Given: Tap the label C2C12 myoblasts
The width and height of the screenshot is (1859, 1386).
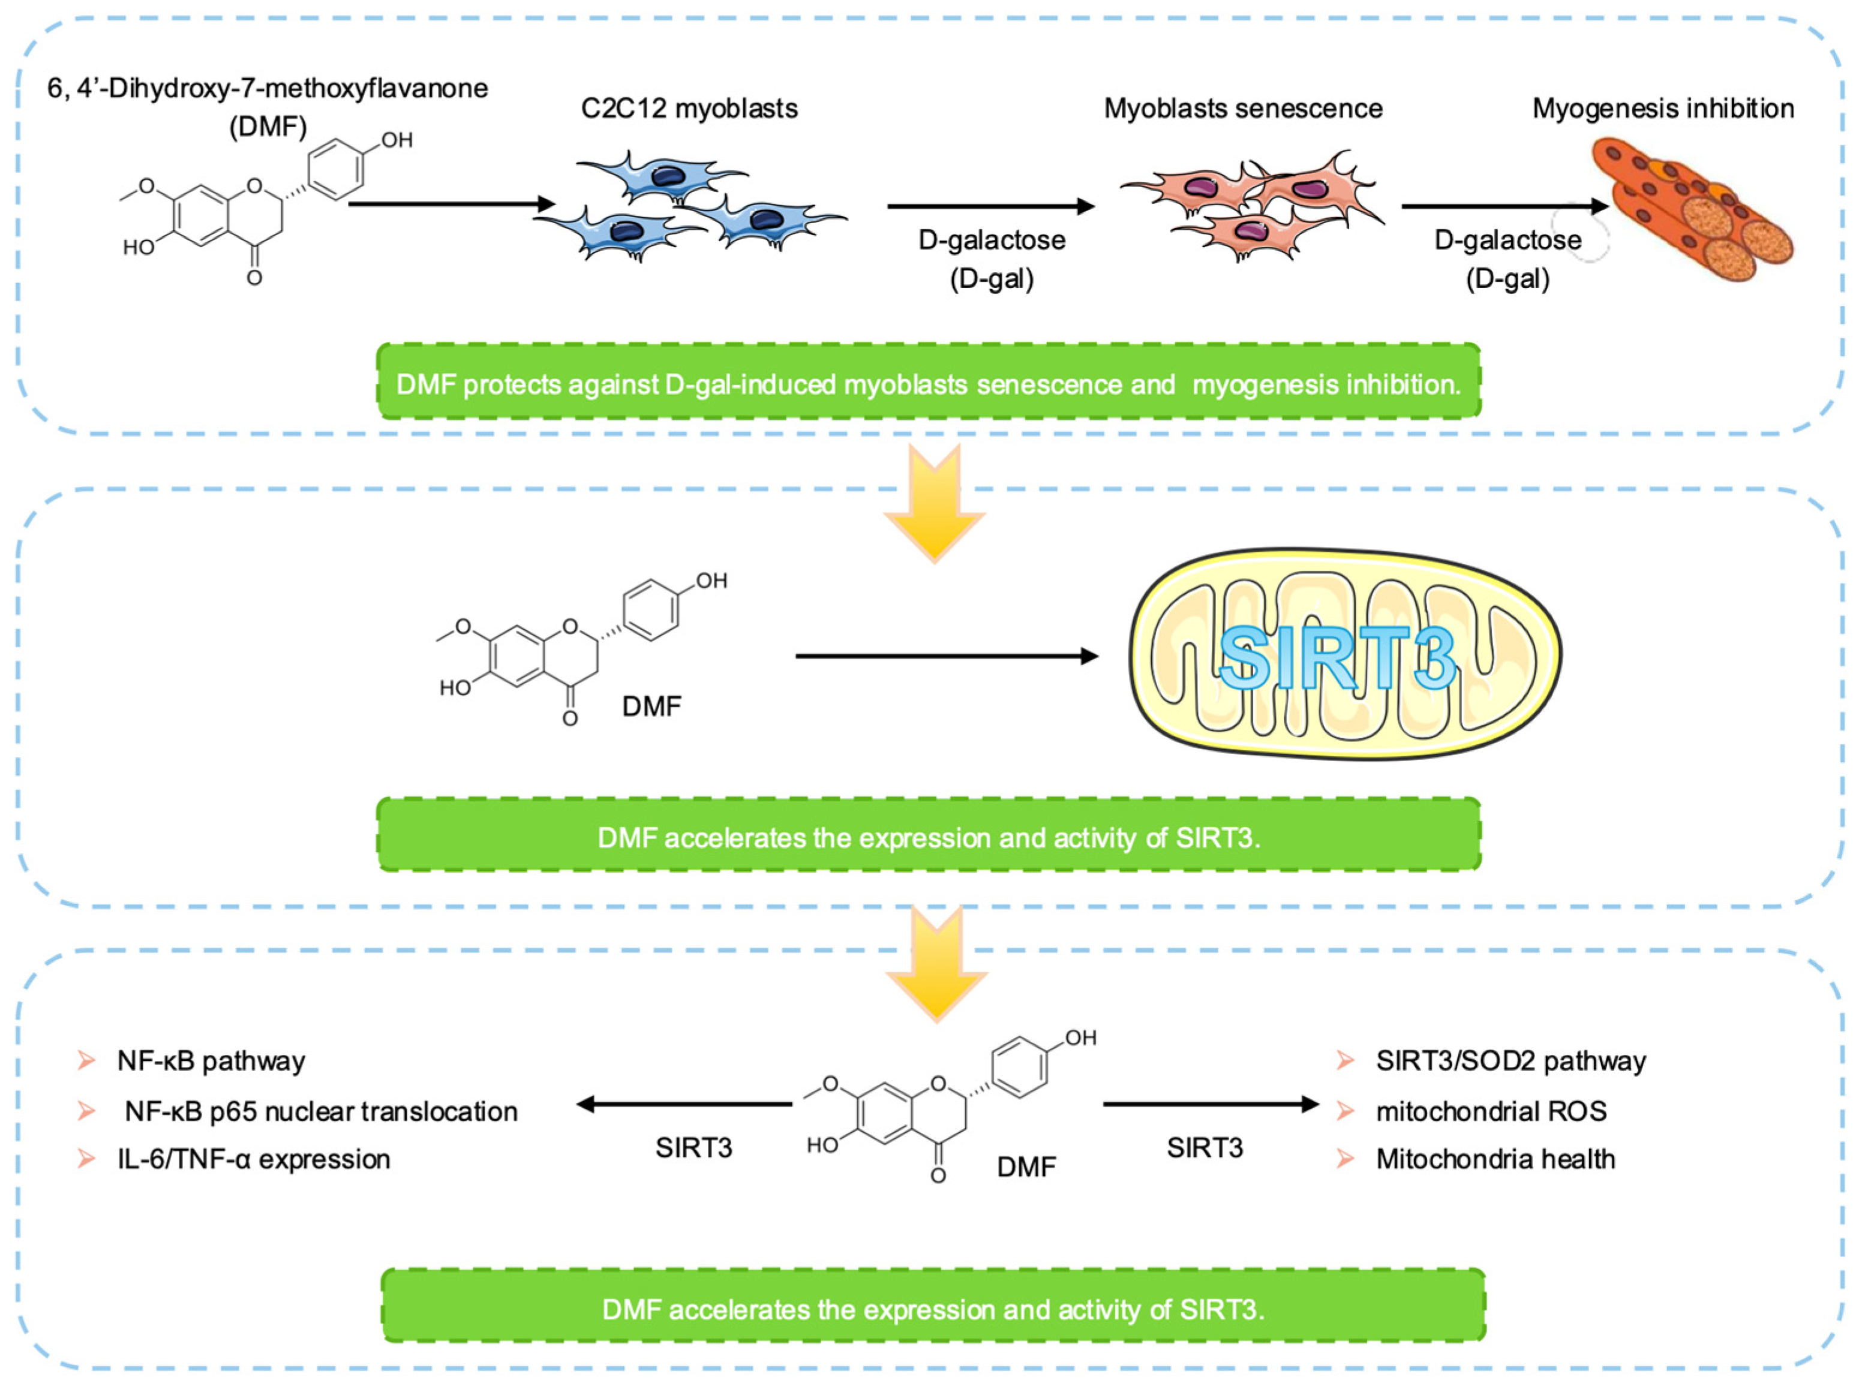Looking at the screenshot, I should coord(689,108).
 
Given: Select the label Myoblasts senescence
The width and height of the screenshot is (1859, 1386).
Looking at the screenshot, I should coord(1242,108).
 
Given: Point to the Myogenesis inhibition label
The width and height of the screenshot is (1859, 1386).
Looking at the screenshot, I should coord(1663,108).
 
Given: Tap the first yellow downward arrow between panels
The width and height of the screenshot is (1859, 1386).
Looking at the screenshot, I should coord(933,503).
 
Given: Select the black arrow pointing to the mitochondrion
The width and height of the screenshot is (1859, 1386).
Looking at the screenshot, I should coord(946,656).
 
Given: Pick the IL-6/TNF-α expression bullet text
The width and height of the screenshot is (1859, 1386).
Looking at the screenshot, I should coord(254,1159).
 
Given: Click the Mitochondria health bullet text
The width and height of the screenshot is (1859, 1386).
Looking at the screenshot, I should coord(1495,1159).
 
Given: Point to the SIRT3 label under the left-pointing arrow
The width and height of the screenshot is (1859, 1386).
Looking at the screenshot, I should coord(693,1147).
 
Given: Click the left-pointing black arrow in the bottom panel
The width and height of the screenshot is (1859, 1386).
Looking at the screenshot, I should coord(684,1104).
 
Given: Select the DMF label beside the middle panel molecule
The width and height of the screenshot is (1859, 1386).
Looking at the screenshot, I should coord(651,706).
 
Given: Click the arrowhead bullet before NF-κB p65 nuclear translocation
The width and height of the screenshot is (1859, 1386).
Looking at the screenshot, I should coord(86,1111).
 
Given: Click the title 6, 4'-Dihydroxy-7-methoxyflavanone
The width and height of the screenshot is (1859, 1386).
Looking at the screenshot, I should coord(267,88).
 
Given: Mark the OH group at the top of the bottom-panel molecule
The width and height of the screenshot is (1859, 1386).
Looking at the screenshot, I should coord(1080,1038).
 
